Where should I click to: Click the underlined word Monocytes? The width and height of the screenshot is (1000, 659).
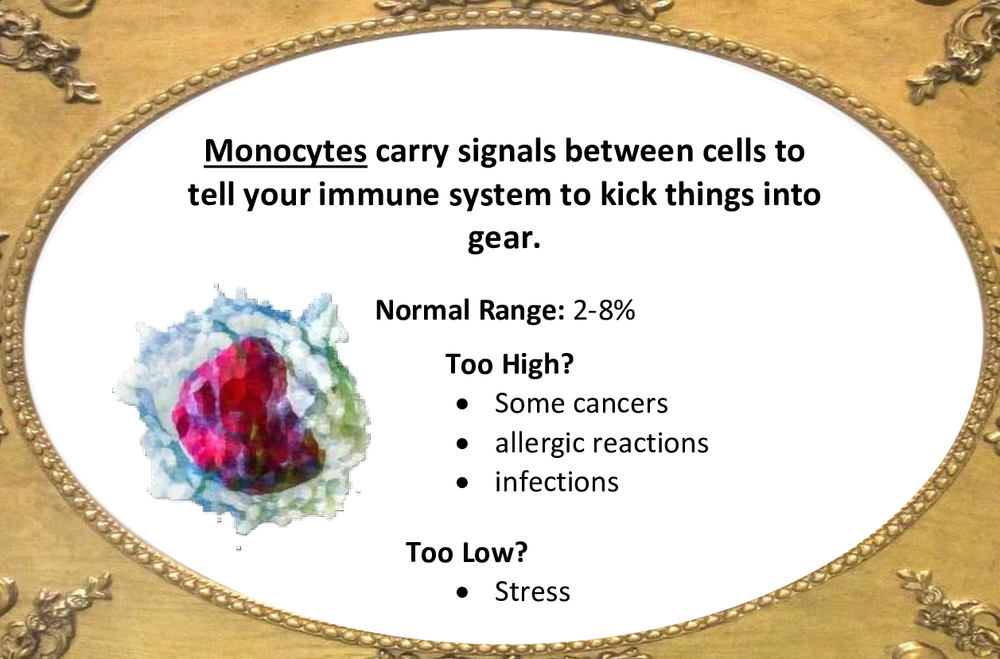pyautogui.click(x=286, y=152)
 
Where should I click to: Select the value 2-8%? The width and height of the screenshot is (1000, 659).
pyautogui.click(x=604, y=311)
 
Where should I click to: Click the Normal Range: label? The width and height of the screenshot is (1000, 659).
pyautogui.click(x=469, y=311)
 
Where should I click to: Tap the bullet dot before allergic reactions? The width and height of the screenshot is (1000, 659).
pyautogui.click(x=463, y=444)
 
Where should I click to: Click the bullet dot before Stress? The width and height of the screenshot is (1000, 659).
pyautogui.click(x=463, y=593)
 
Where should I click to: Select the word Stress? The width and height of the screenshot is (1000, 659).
pyautogui.click(x=532, y=592)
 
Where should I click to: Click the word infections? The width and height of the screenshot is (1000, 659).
pyautogui.click(x=556, y=482)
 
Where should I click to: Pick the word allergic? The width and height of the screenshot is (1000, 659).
pyautogui.click(x=540, y=443)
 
